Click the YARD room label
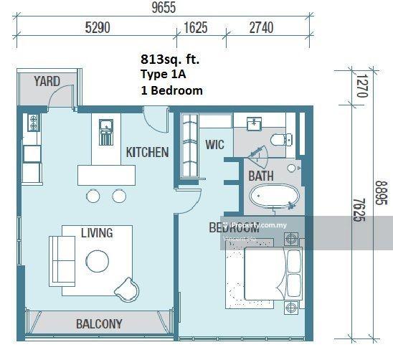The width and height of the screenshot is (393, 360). (47, 82)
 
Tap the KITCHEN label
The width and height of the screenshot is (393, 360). (147, 152)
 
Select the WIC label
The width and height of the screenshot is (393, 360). (214, 144)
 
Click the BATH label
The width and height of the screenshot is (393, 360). (260, 176)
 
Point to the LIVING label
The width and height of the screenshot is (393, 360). (96, 232)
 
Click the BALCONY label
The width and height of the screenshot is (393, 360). (99, 323)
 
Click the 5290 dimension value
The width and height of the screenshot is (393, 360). (98, 29)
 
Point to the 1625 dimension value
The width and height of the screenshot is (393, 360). (196, 29)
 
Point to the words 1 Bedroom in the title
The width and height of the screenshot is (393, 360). (171, 91)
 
